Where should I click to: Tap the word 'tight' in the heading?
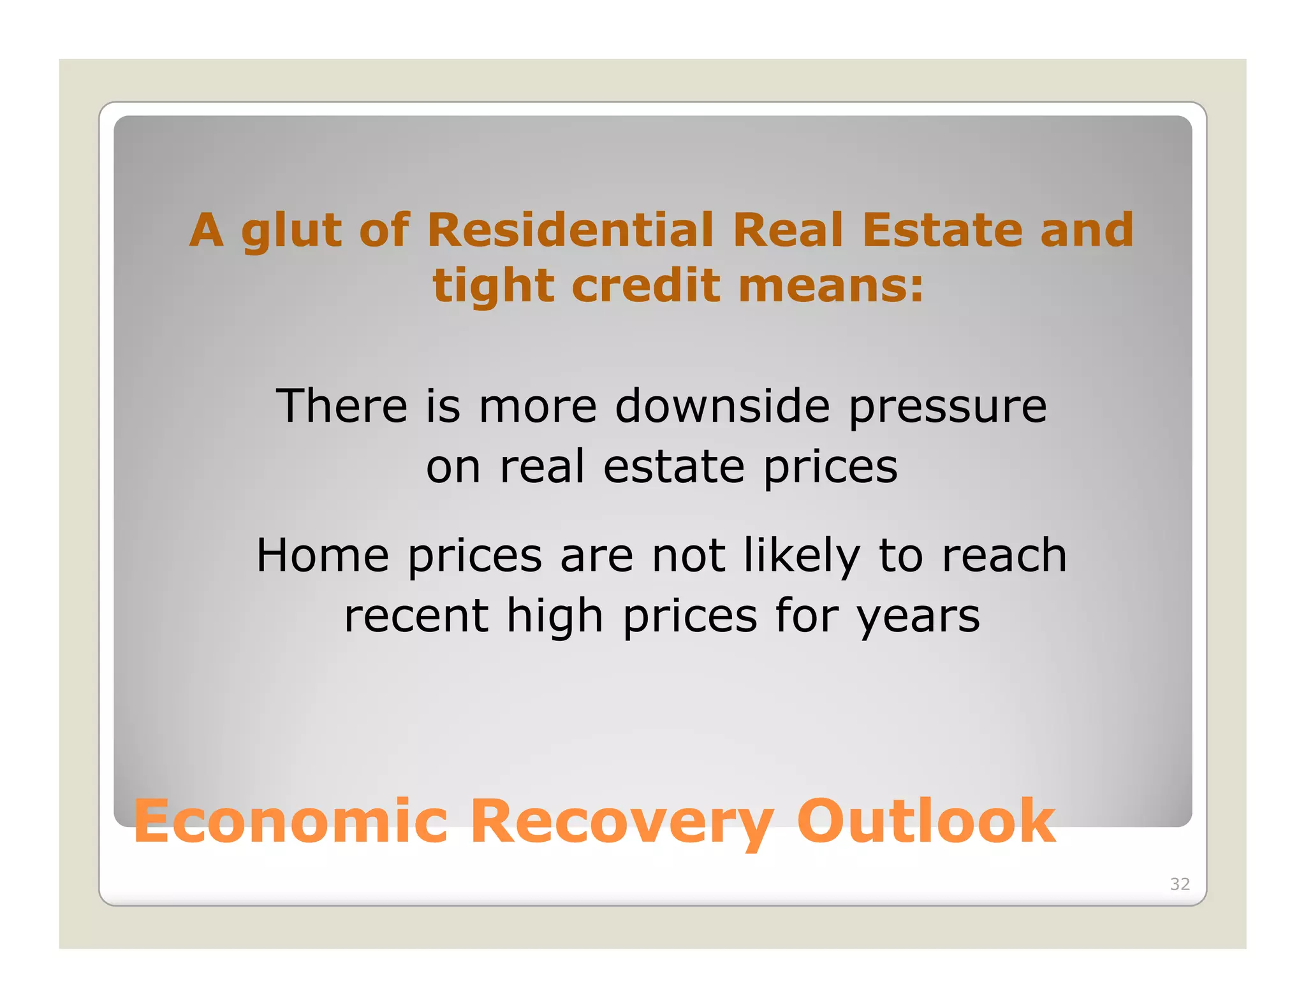493,285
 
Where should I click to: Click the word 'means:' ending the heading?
831,285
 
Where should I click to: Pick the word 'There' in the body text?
342,406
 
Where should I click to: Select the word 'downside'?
723,406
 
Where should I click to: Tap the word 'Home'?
323,555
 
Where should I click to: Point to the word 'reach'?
1004,555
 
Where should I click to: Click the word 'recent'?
416,616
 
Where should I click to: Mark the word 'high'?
555,617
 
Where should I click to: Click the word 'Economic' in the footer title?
291,821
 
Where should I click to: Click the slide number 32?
1180,884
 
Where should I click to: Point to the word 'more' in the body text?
538,407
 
